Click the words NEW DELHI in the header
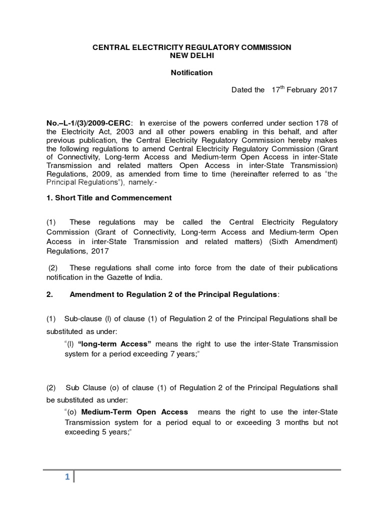[191, 55]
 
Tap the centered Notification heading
[191, 72]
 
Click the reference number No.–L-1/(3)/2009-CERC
[89, 124]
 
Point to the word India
[190, 277]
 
